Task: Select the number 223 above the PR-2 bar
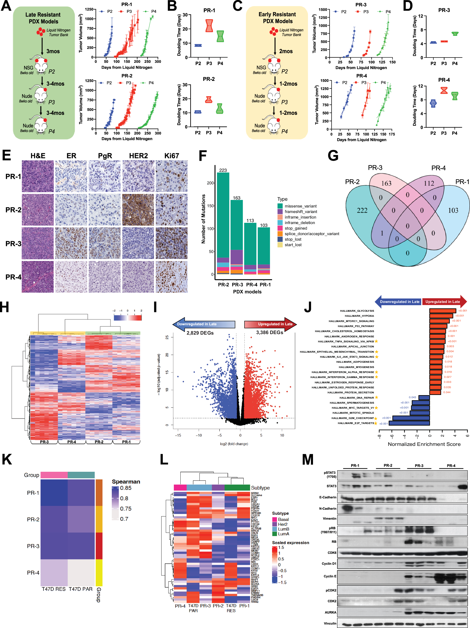click(223, 170)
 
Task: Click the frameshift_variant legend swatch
click(280, 212)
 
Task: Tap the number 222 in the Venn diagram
click(362, 210)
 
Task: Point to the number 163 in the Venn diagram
click(386, 183)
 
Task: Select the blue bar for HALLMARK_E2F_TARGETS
click(409, 423)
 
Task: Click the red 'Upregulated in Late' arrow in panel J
click(444, 301)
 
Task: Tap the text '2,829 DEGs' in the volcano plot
click(200, 333)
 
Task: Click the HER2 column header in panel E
click(138, 156)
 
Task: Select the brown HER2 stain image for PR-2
click(138, 210)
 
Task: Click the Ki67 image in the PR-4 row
click(172, 277)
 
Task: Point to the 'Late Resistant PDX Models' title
click(43, 18)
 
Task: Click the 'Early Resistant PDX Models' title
click(277, 18)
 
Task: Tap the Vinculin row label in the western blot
click(330, 623)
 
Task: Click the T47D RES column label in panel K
click(54, 589)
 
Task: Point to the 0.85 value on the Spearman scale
click(126, 488)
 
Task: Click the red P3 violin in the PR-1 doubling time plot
click(209, 26)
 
